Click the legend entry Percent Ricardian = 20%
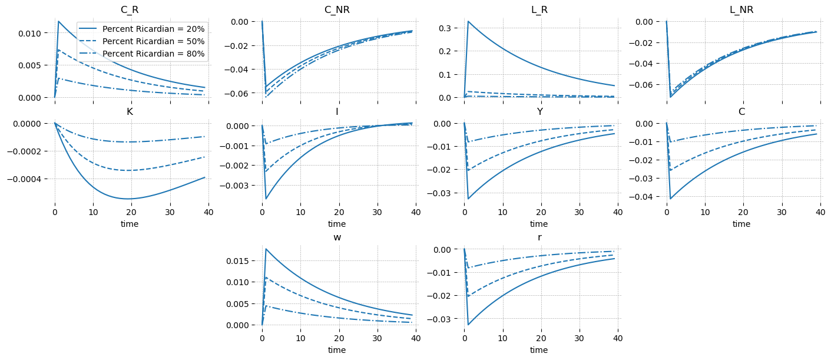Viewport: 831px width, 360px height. point(153,28)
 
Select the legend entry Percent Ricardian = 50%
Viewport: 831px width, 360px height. point(153,41)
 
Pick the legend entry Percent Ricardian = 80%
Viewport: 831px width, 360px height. point(153,54)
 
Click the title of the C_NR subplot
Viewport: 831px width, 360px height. point(337,9)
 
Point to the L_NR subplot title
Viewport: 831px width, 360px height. point(741,9)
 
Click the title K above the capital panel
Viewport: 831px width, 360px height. point(130,111)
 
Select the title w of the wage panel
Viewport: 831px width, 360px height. point(337,237)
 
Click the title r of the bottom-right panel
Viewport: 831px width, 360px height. point(539,237)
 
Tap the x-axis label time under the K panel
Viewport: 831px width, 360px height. point(130,224)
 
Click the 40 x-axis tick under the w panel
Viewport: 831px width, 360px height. point(416,338)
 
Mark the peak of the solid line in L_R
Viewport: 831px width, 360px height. point(468,21)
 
